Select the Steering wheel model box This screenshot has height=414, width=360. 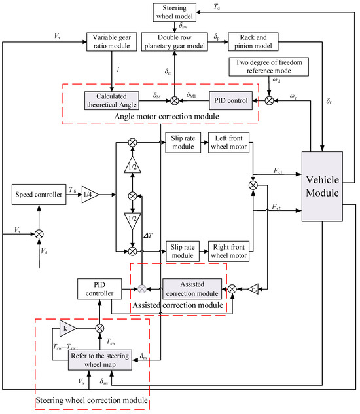click(173, 11)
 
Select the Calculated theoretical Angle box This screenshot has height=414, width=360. click(112, 100)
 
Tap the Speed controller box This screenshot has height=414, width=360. click(39, 194)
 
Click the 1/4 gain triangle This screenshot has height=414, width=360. click(88, 195)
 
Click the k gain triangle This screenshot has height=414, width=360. click(69, 327)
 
